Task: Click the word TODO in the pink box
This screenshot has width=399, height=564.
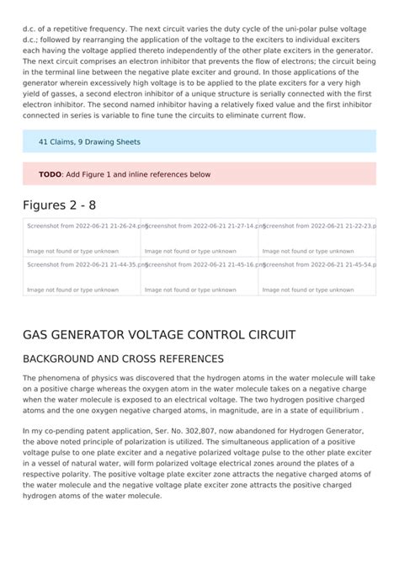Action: pyautogui.click(x=50, y=174)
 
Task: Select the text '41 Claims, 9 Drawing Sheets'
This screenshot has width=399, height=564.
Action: pyautogui.click(x=89, y=141)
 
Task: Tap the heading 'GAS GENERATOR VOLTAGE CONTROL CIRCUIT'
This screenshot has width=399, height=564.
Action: pyautogui.click(x=159, y=334)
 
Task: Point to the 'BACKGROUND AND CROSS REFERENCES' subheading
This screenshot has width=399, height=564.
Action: pyautogui.click(x=123, y=359)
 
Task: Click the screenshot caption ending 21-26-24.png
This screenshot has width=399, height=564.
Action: pyautogui.click(x=81, y=226)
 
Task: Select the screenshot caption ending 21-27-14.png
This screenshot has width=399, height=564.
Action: pyautogui.click(x=200, y=226)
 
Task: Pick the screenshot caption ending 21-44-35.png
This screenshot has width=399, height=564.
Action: pyautogui.click(x=81, y=264)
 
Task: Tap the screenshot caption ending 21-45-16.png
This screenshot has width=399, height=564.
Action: pyautogui.click(x=200, y=264)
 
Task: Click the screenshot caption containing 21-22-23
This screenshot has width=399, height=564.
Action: pyautogui.click(x=318, y=226)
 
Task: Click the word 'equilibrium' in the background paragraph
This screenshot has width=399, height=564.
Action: pyautogui.click(x=336, y=411)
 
